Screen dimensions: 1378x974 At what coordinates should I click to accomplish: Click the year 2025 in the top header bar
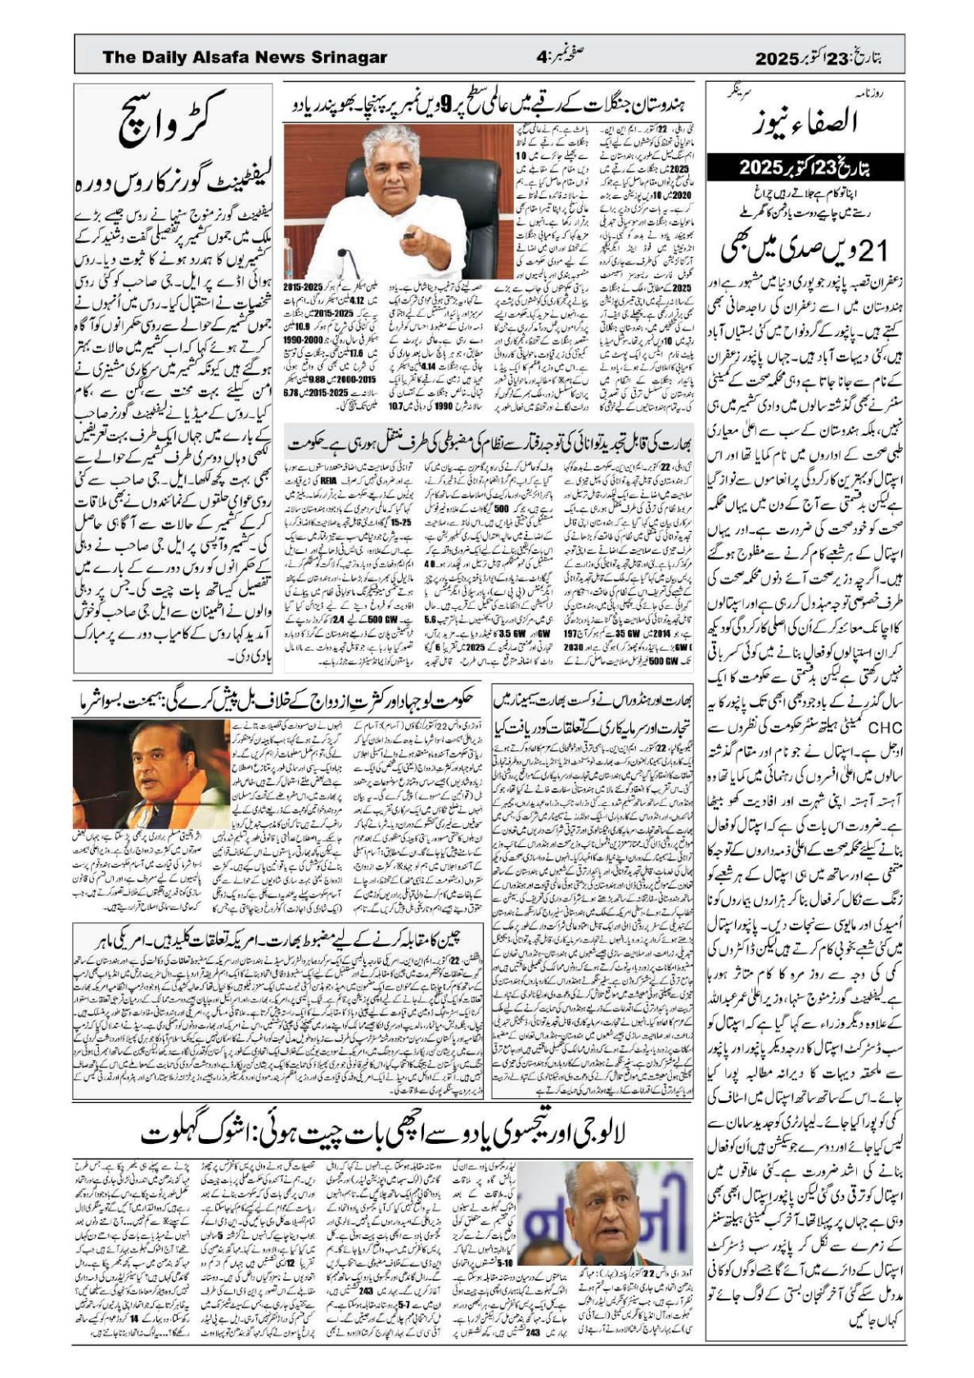pos(776,59)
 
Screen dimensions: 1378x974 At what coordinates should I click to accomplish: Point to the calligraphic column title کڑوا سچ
pos(173,123)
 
